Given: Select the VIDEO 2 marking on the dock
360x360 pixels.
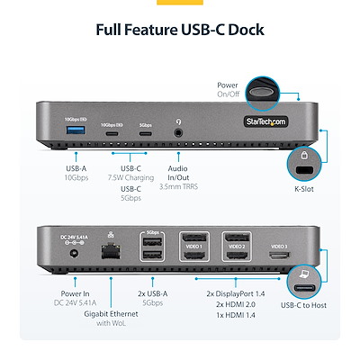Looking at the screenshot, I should pos(236,246).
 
